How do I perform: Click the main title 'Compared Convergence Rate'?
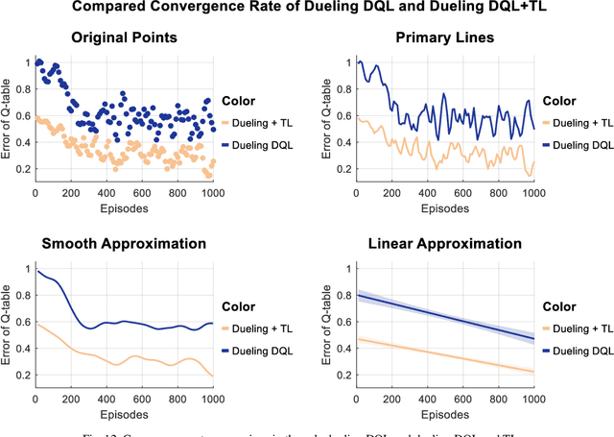tap(307, 10)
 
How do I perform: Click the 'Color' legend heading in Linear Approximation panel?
tap(558, 307)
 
